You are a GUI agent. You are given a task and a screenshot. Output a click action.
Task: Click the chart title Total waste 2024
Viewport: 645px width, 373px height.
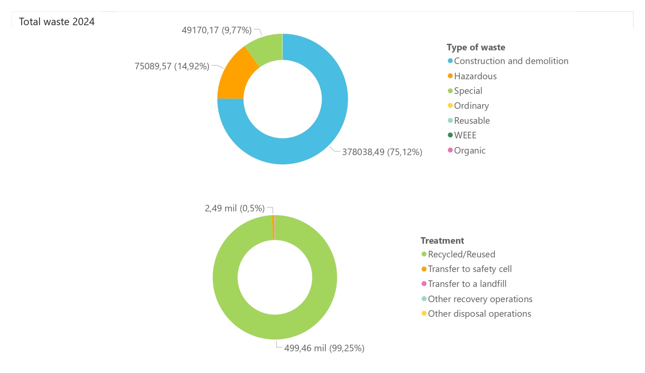57,22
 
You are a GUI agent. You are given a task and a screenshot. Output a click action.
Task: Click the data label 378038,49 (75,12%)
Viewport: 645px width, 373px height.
382,152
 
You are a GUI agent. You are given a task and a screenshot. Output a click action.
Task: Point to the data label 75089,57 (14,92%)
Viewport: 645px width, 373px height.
172,66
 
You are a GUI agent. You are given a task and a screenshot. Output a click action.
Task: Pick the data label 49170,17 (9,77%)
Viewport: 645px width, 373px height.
217,30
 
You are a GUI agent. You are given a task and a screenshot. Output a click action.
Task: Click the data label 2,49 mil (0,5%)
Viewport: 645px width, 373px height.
235,208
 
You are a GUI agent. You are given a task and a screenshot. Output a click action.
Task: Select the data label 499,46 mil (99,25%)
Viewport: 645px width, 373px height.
324,348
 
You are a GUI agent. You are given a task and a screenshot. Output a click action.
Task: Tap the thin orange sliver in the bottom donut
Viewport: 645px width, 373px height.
273,227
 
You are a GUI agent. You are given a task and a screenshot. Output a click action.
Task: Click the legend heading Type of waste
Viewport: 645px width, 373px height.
476,47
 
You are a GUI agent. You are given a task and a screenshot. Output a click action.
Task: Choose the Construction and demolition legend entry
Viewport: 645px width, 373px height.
511,61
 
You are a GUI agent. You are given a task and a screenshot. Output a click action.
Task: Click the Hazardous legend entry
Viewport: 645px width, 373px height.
475,76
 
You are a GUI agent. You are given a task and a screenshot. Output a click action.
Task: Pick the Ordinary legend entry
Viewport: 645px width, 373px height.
471,106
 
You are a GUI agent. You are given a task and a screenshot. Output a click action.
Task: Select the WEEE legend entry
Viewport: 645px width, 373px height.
465,136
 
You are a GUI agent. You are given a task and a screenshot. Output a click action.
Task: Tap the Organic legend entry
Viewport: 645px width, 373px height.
469,151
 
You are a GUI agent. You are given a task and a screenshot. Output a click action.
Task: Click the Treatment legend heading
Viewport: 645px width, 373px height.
442,241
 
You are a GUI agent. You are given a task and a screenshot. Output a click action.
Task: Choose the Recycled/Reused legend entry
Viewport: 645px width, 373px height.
461,254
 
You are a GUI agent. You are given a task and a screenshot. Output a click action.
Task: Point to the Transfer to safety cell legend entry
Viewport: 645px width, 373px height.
469,269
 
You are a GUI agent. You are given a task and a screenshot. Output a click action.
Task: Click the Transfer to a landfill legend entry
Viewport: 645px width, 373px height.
467,284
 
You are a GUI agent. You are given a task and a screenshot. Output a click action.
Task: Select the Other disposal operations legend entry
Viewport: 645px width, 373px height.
479,314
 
